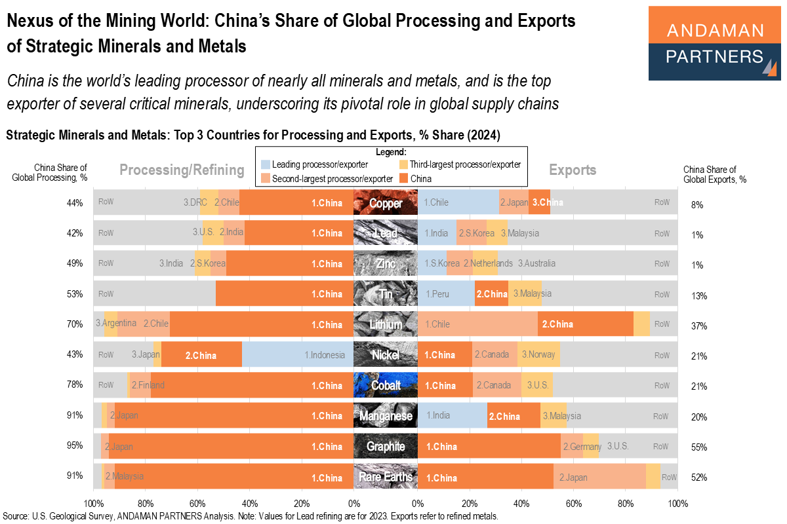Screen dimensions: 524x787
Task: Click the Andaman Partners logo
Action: (x=714, y=43)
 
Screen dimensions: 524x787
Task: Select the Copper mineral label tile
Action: (x=386, y=202)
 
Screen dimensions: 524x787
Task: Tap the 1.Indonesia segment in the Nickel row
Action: (x=298, y=355)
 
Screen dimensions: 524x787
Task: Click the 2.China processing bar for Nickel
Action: (x=201, y=355)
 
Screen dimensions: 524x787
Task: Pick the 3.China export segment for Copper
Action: (x=540, y=202)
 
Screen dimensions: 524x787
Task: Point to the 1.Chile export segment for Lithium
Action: (x=477, y=324)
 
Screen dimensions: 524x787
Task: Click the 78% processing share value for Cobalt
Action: (x=74, y=385)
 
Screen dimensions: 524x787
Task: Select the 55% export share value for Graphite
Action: (x=699, y=448)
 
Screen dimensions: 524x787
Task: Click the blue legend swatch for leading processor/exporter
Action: (x=264, y=164)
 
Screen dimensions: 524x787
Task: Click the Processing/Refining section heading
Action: (x=182, y=170)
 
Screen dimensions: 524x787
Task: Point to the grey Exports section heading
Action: (x=573, y=170)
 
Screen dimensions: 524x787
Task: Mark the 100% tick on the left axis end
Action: (x=93, y=504)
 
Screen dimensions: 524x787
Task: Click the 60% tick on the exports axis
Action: (x=573, y=504)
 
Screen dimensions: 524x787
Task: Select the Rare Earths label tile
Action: (x=386, y=477)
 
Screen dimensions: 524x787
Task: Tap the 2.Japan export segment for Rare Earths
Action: (x=599, y=477)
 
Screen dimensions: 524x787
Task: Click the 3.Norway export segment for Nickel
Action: (x=538, y=355)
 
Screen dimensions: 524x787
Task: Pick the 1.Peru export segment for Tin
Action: (x=446, y=294)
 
